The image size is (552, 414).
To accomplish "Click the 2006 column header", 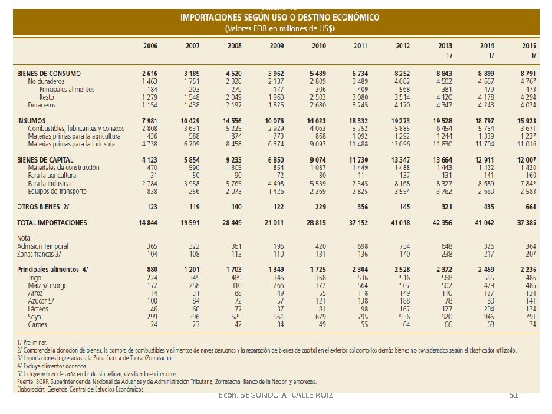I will click(149, 45).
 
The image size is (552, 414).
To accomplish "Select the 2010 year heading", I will click(318, 45).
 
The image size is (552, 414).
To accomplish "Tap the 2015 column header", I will click(528, 45).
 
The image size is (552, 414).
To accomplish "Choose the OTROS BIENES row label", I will click(43, 206).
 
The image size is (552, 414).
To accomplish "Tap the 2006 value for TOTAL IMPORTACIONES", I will click(148, 221).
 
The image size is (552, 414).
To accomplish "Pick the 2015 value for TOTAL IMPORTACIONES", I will click(527, 221).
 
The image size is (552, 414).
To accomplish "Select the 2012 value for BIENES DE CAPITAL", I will click(401, 159).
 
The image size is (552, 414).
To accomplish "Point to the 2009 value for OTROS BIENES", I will click(278, 206).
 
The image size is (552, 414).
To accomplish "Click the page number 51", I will click(514, 394).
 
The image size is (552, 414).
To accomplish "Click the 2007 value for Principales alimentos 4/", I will click(192, 270).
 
